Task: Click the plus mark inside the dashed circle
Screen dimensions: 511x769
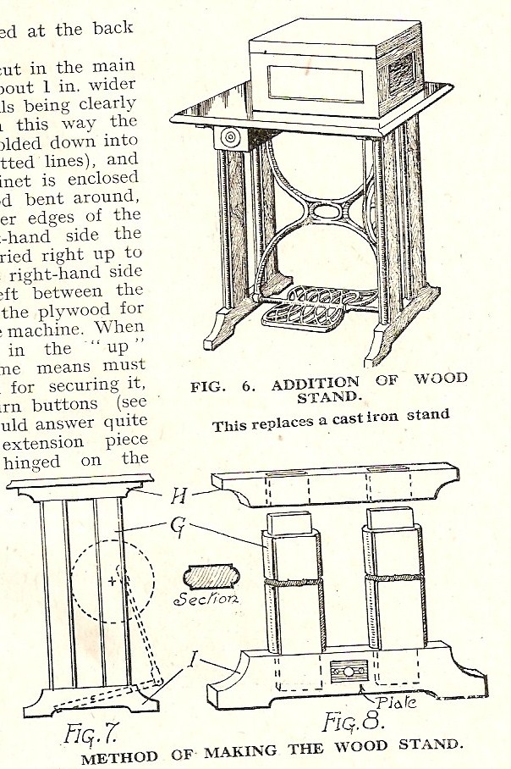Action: pos(113,582)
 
